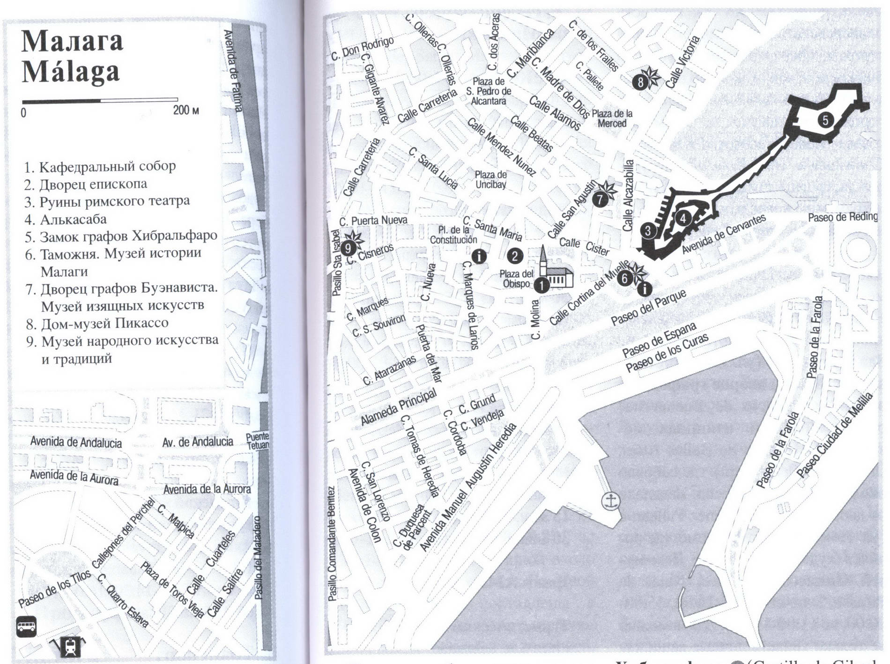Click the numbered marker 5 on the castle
coord(825,120)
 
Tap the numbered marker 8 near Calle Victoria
coord(640,83)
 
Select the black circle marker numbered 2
coord(515,256)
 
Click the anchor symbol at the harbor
coord(611,501)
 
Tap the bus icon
coord(27,626)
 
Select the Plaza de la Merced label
coord(612,118)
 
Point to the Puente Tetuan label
coord(258,441)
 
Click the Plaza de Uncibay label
coord(490,179)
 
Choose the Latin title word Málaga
coord(70,72)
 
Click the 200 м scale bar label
coord(186,111)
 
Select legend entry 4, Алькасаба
coord(66,219)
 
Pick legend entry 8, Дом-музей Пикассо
coord(97,323)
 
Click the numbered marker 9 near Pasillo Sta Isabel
coord(348,248)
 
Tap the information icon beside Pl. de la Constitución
coord(479,256)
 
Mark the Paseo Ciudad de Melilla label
coord(835,435)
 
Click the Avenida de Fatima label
coord(233,70)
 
